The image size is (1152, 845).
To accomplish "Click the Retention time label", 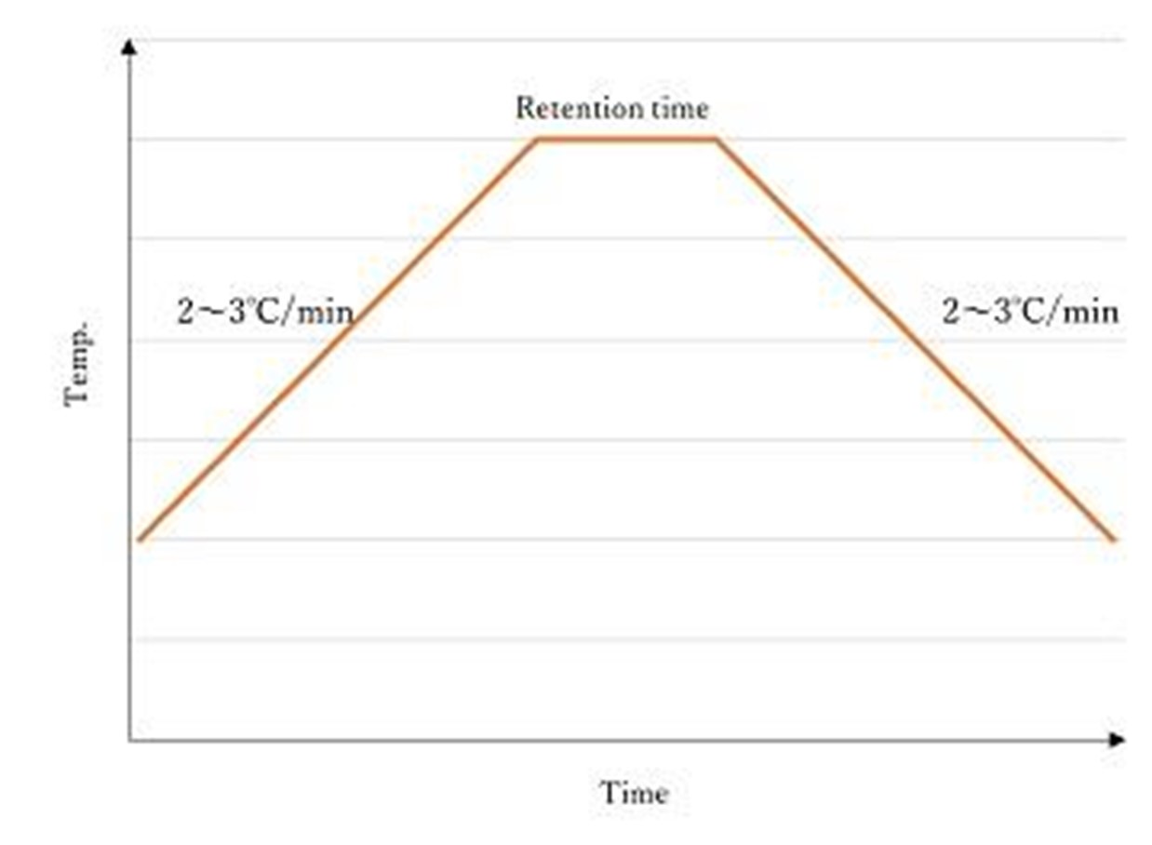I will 611,108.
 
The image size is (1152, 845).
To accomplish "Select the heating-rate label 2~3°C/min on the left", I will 265,311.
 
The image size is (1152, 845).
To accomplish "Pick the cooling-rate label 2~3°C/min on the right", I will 1030,311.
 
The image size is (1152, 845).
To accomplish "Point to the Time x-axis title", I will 634,793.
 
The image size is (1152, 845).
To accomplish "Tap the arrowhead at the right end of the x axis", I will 1118,740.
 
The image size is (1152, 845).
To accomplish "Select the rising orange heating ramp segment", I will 337,340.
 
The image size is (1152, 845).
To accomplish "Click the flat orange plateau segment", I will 627,140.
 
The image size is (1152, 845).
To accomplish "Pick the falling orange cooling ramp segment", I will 916,340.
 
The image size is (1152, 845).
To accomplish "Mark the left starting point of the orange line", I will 139,539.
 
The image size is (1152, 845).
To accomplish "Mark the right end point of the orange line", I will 1114,539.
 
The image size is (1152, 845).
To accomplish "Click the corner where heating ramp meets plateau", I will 538,140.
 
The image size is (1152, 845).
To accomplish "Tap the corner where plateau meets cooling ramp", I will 717,140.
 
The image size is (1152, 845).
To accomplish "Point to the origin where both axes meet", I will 129,741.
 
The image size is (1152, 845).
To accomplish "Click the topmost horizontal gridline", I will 633,40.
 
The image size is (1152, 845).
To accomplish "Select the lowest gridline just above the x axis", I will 633,639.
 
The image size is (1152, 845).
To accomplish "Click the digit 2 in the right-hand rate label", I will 951,312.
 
